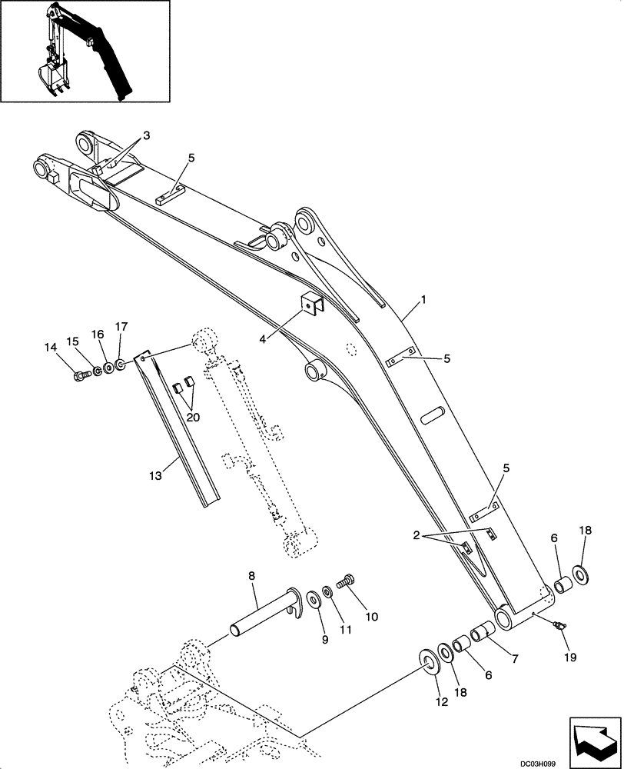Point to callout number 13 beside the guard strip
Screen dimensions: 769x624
click(156, 477)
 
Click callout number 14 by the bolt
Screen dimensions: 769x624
click(51, 348)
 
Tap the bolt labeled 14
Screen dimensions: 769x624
click(79, 375)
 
